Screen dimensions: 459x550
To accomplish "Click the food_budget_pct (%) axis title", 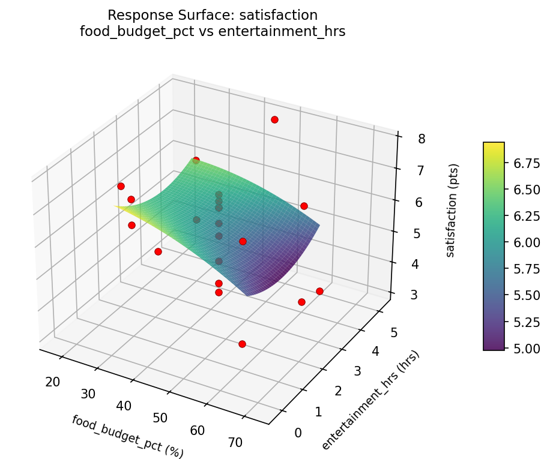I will coord(127,436).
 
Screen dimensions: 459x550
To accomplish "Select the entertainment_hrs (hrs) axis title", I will coord(370,400).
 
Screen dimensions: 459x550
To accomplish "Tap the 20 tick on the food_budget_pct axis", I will coord(52,382).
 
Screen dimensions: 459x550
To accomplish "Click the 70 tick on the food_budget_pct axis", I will coord(235,443).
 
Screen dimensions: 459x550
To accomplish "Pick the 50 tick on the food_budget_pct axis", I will coord(161,418).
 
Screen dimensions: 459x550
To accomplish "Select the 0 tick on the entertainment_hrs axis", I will coord(298,433).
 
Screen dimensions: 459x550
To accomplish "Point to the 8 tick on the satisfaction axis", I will coord(422,139).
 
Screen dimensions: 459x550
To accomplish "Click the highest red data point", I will coord(274,120).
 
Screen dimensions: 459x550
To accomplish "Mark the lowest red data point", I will coord(242,344).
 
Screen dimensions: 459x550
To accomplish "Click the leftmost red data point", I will coord(121,186).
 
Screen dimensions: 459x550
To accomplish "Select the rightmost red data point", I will coord(319,291).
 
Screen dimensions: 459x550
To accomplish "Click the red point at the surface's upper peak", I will coord(196,160).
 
